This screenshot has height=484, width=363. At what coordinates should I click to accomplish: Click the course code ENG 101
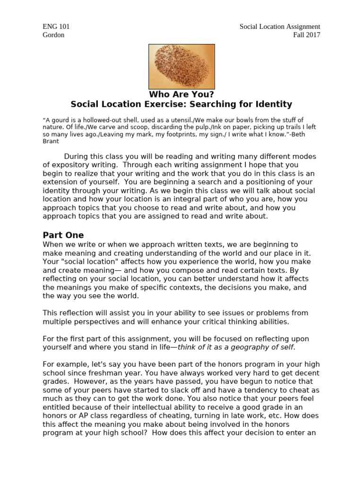pyautogui.click(x=56, y=27)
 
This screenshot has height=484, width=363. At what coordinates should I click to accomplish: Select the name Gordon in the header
pyautogui.click(x=53, y=35)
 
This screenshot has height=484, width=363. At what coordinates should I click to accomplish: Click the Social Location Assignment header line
pyautogui.click(x=279, y=27)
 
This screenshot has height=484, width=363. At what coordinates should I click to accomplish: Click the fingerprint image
pyautogui.click(x=181, y=66)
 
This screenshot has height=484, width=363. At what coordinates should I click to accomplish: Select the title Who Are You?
pyautogui.click(x=181, y=94)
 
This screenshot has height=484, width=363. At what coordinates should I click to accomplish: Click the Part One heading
pyautogui.click(x=63, y=235)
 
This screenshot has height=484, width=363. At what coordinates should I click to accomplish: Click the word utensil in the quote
pyautogui.click(x=193, y=120)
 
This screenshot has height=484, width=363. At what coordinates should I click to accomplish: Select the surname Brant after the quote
pyautogui.click(x=52, y=141)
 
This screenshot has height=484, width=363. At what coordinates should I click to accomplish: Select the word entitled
pyautogui.click(x=58, y=407)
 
